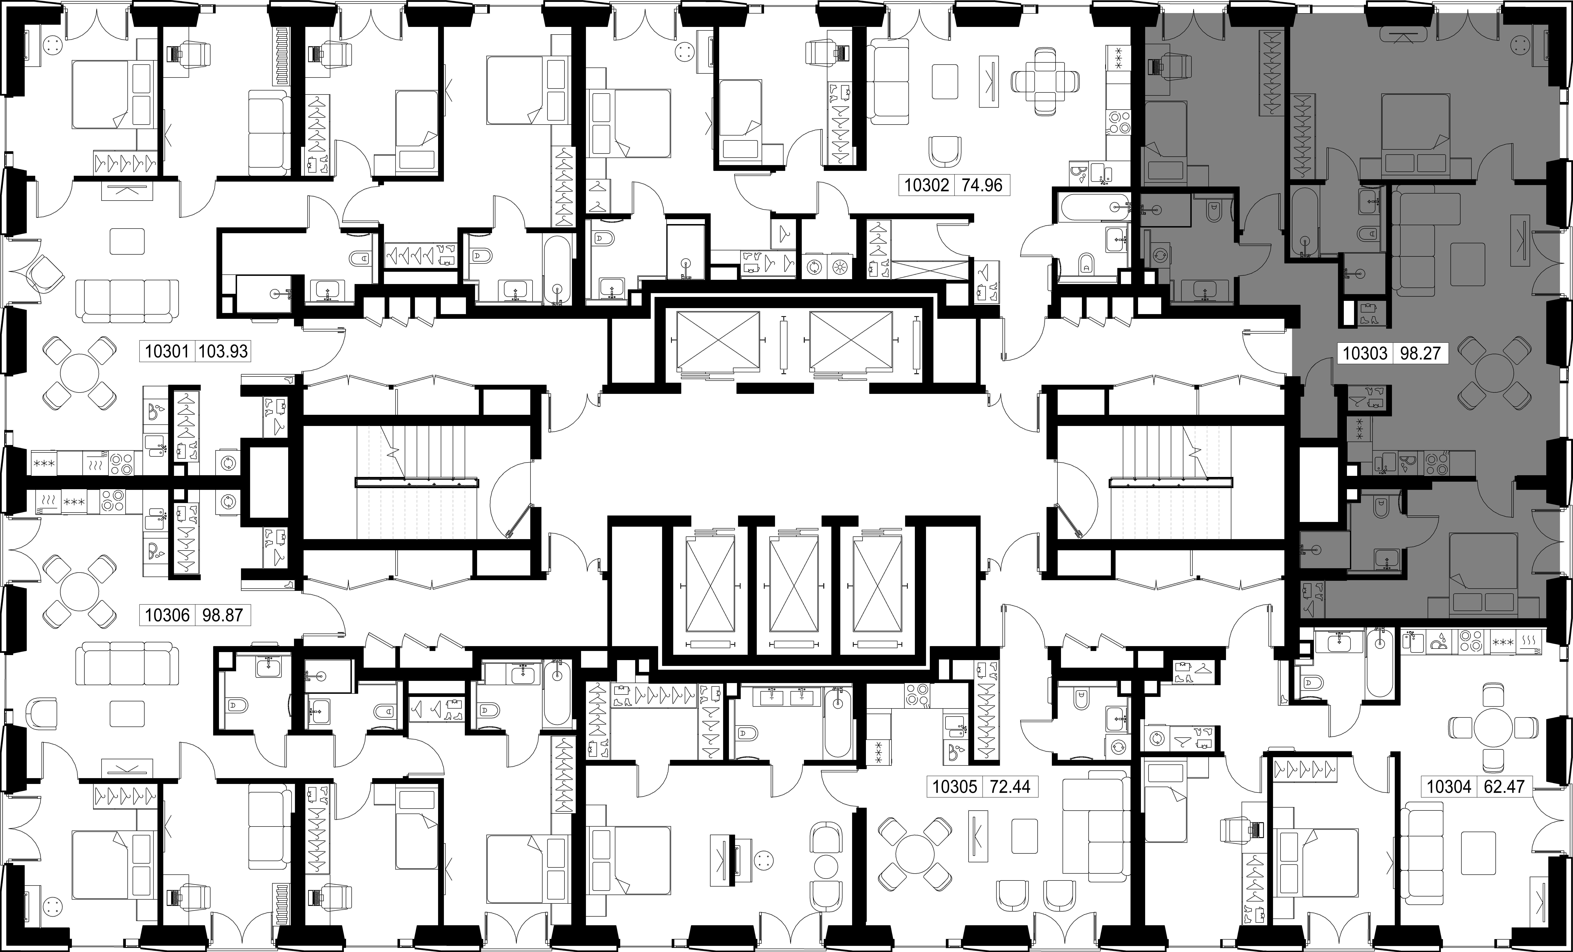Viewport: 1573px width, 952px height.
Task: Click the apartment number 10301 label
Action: click(167, 351)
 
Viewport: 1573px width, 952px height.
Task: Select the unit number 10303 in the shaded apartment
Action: click(1365, 353)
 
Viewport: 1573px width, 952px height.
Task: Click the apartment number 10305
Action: click(954, 787)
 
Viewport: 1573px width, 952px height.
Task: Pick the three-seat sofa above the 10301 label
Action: click(128, 301)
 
